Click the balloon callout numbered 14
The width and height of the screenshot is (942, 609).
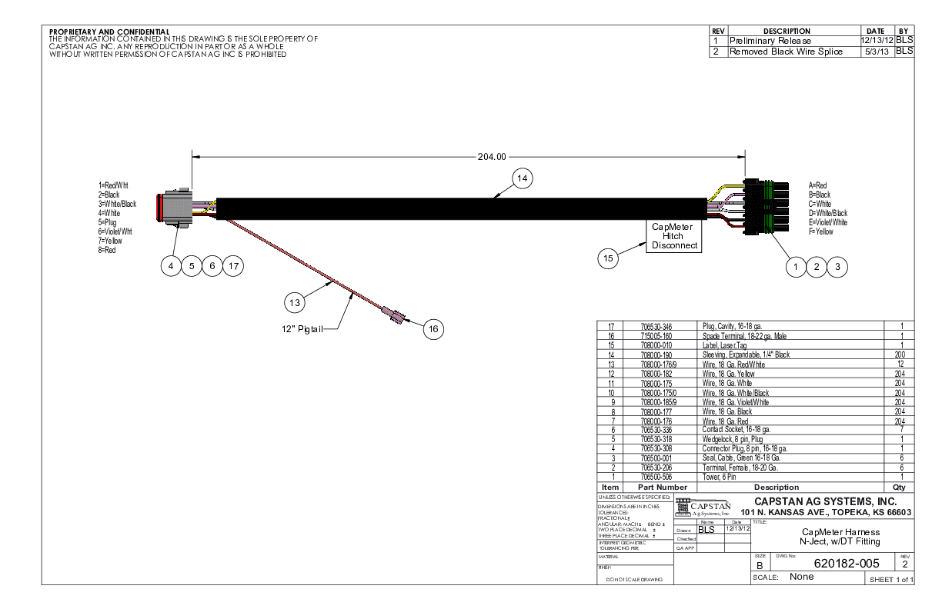point(522,178)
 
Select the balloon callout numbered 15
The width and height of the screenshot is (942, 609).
point(609,259)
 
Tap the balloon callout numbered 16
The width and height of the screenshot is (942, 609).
point(433,328)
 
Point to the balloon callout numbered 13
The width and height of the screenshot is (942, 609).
point(293,303)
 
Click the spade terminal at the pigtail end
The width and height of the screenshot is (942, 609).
point(392,314)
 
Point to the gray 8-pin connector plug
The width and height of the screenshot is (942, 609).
point(178,209)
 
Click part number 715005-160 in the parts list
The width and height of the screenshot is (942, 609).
point(652,336)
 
